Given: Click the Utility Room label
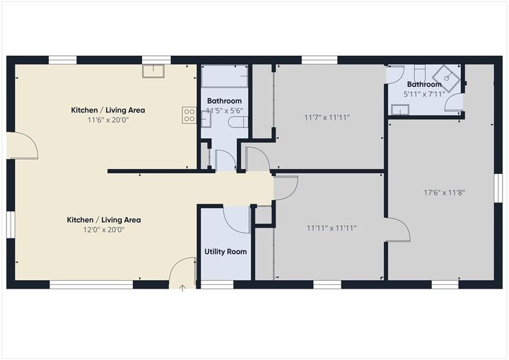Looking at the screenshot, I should coord(226,252).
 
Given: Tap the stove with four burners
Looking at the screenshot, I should coord(189,115).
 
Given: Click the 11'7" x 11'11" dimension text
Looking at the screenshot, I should coord(327,117).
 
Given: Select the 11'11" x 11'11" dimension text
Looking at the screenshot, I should coord(332,228).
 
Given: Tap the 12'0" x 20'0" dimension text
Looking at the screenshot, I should coord(104,229).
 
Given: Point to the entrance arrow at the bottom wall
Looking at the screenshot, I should coord(182,287).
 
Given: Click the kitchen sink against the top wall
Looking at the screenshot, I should coord(153,71).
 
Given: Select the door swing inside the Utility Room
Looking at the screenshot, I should coord(236,218).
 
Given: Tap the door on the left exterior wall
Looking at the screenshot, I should coord(23,146).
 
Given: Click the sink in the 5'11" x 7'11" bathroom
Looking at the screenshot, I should coord(400,109).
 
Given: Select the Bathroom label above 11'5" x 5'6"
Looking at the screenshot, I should coord(224,101).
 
